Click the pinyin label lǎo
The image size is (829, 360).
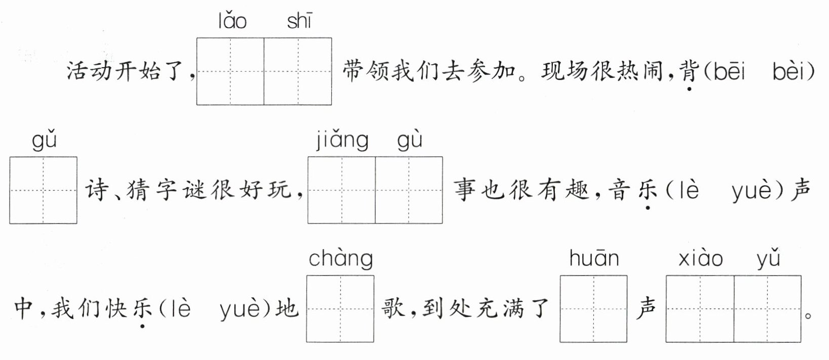(x=232, y=21)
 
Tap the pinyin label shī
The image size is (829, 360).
(x=299, y=21)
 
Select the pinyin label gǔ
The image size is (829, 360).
(x=44, y=140)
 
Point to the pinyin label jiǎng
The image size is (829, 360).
(x=342, y=140)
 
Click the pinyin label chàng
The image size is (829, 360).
(x=340, y=258)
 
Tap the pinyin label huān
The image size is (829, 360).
(x=594, y=258)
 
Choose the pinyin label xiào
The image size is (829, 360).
(x=701, y=258)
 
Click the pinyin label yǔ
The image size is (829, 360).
(x=768, y=258)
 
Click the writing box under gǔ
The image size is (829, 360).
(x=43, y=190)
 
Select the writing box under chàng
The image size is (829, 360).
(x=340, y=308)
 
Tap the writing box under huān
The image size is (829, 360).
(x=593, y=308)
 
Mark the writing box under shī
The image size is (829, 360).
(x=298, y=71)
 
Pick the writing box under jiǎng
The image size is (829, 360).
(x=341, y=190)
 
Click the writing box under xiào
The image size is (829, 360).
(x=700, y=308)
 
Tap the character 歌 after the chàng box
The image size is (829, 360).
(x=394, y=307)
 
